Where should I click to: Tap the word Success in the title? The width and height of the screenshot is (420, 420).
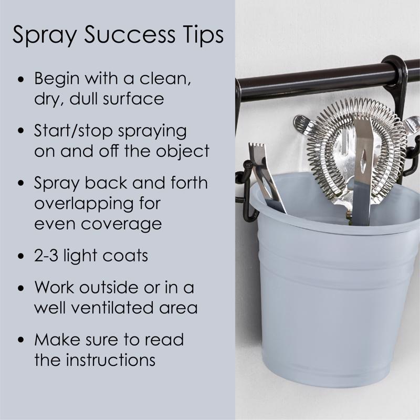(130, 35)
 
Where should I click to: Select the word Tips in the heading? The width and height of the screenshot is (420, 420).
(203, 35)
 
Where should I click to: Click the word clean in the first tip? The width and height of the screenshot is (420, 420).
(165, 79)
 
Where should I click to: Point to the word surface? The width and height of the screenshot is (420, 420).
(133, 98)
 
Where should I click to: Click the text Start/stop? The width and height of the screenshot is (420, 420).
(73, 132)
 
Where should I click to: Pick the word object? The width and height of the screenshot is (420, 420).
(182, 151)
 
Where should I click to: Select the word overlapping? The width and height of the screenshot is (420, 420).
(84, 204)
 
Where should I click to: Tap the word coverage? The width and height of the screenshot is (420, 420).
(121, 224)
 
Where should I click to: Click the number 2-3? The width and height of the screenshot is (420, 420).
(46, 255)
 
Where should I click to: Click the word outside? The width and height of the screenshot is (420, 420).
(109, 287)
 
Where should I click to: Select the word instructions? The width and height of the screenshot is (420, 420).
(111, 360)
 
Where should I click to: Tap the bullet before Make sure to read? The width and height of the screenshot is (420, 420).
(21, 339)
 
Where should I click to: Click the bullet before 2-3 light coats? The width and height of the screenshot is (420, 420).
(21, 256)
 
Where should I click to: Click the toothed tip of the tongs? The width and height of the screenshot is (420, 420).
(256, 148)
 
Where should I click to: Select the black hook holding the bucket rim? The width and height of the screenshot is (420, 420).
(248, 193)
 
